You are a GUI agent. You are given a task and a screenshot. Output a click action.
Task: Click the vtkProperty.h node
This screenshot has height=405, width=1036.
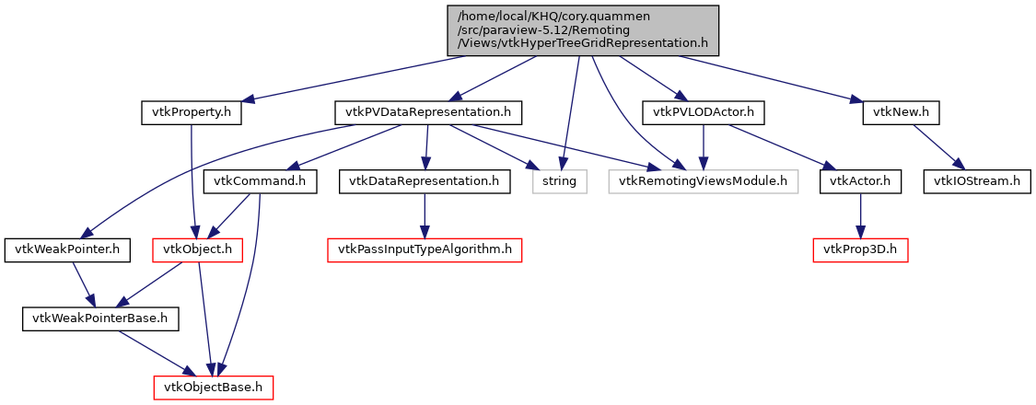click(191, 112)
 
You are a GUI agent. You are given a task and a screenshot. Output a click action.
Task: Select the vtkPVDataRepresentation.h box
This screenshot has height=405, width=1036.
click(427, 112)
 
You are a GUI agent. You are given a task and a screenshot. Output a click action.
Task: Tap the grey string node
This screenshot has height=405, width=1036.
click(559, 181)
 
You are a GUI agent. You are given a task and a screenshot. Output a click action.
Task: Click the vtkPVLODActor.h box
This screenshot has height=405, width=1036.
click(704, 112)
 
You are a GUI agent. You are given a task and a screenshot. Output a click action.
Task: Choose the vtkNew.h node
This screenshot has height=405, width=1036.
click(901, 112)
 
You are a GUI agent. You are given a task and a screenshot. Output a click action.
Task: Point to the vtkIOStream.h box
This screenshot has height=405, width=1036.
click(976, 181)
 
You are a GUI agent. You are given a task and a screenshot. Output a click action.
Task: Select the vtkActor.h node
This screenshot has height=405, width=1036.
click(860, 181)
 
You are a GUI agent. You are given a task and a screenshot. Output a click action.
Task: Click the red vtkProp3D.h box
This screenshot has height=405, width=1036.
click(860, 250)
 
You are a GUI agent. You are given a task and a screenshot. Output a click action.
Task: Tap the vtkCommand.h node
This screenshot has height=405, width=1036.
click(260, 181)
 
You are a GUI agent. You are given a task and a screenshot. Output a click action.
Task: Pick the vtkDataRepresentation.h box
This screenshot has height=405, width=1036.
click(424, 181)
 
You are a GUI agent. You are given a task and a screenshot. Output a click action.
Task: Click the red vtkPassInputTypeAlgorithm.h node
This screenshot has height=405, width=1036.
click(424, 250)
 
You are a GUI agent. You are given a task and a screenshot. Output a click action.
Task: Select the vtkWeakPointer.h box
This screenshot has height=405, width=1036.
click(67, 250)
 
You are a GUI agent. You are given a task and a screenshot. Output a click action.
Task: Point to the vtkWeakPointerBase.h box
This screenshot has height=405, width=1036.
click(100, 319)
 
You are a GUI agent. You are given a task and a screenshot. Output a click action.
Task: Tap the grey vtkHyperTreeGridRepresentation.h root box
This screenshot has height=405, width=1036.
click(581, 29)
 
